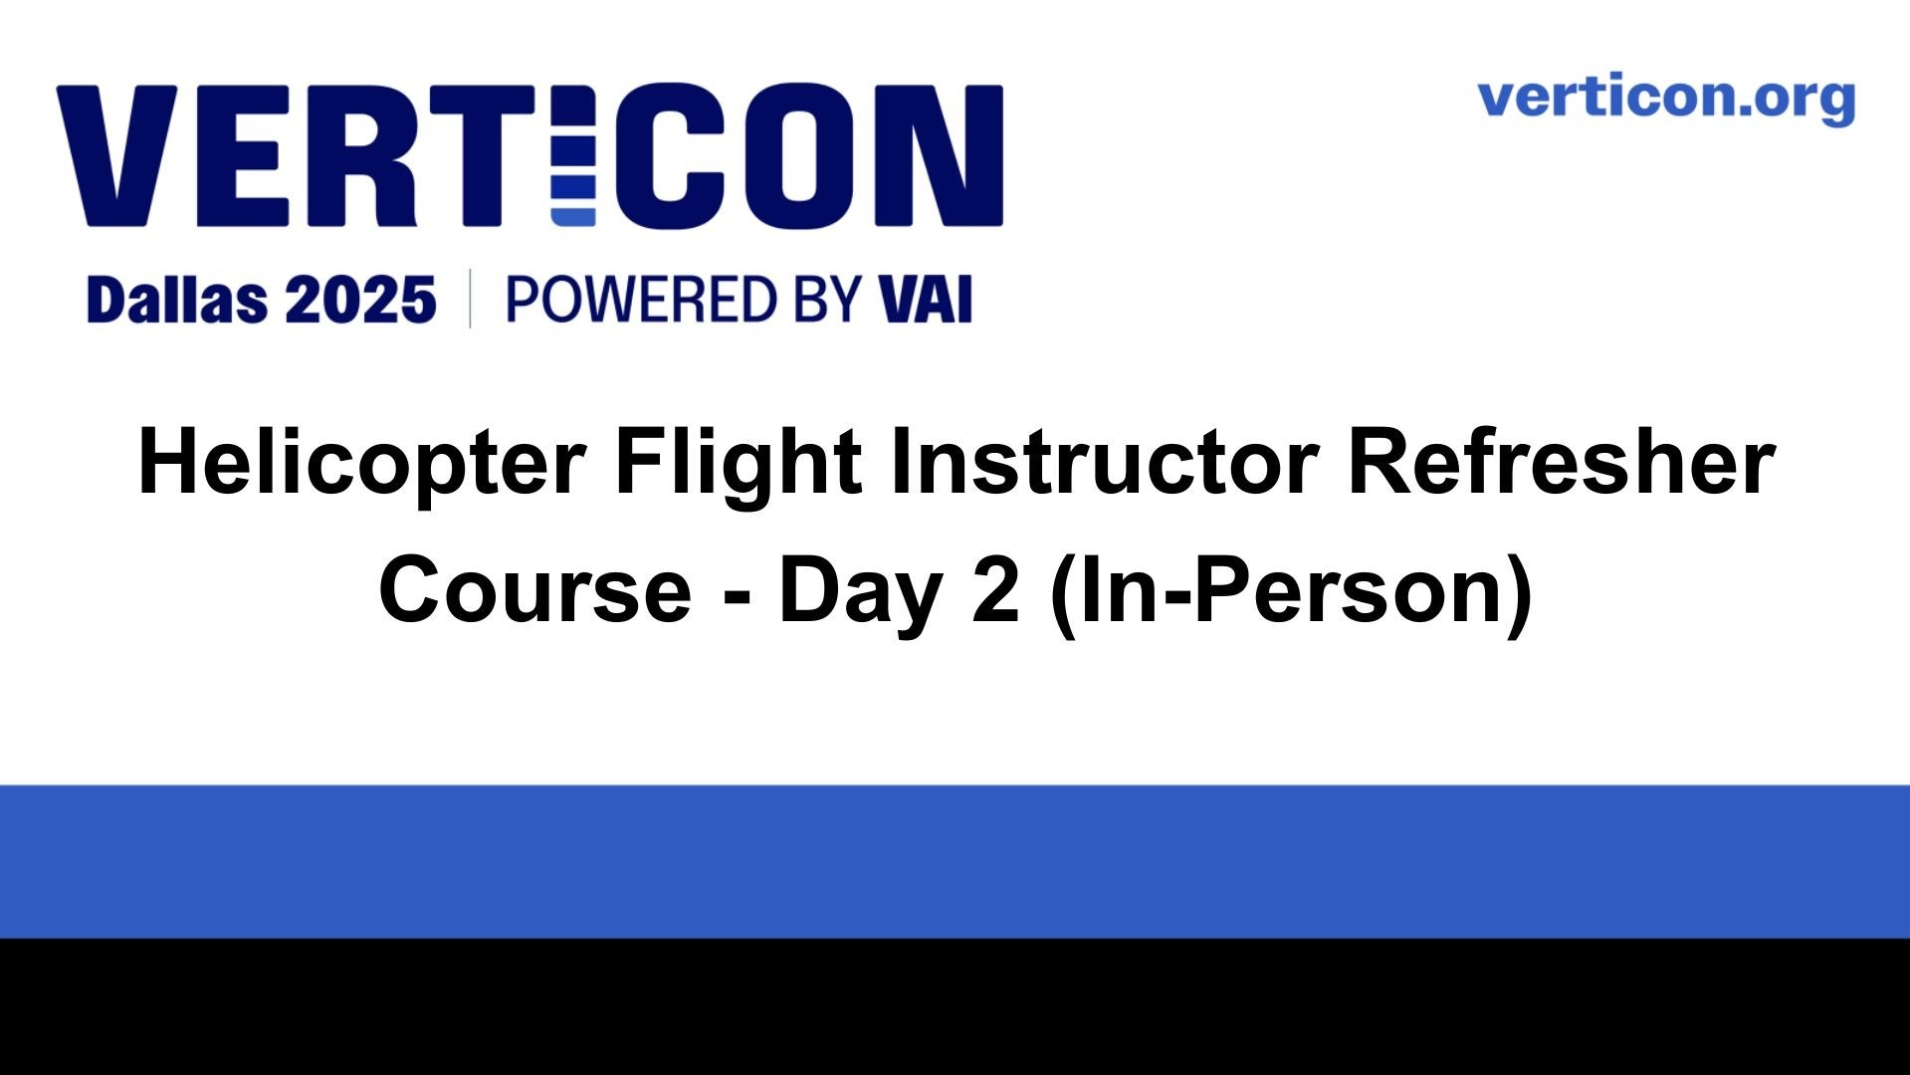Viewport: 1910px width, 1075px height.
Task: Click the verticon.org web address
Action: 1666,100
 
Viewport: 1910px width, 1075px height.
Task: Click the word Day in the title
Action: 860,595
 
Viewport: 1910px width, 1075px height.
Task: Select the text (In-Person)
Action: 1292,594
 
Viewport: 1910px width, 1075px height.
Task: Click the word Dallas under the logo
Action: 176,300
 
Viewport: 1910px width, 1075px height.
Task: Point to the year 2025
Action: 360,300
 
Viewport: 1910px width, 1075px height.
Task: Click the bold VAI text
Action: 925,300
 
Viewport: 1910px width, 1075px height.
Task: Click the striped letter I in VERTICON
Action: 572,155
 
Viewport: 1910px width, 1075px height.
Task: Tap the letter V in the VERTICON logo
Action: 117,155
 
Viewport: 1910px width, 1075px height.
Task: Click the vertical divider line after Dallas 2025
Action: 470,299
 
